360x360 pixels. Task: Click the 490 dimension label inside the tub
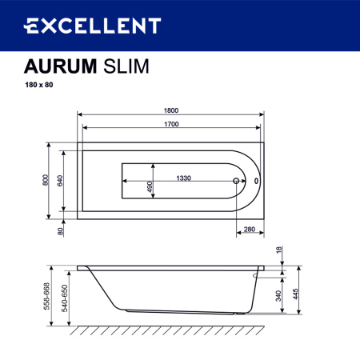(149, 186)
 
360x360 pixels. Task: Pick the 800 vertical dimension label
(46, 181)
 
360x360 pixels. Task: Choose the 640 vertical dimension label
(60, 181)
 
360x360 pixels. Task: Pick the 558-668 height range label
(46, 294)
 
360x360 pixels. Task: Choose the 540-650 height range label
(61, 298)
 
